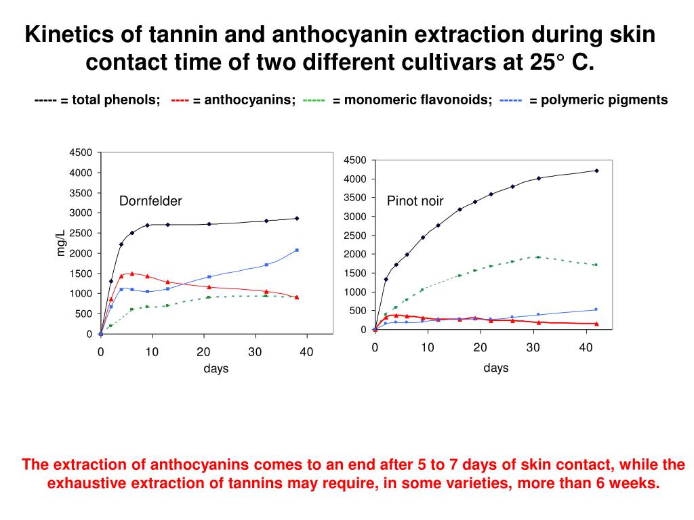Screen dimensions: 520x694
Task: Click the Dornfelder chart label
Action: [150, 201]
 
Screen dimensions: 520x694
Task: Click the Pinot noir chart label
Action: [415, 201]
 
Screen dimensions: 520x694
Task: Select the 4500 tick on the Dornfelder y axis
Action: [81, 152]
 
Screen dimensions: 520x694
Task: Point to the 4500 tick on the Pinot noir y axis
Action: [354, 160]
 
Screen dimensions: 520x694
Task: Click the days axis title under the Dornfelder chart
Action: [216, 369]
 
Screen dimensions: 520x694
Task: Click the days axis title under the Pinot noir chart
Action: [496, 368]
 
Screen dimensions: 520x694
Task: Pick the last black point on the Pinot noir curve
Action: [596, 171]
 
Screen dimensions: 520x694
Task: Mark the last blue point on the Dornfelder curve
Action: [297, 250]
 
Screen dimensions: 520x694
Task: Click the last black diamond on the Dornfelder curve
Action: [297, 218]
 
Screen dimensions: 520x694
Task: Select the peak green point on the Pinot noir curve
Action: [538, 257]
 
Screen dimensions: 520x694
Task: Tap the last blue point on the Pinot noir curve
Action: [596, 309]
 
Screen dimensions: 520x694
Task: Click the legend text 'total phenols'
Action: [116, 100]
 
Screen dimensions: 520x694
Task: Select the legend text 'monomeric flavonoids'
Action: [417, 100]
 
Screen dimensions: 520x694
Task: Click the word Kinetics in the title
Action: [69, 35]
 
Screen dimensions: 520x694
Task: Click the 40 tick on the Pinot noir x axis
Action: [586, 347]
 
